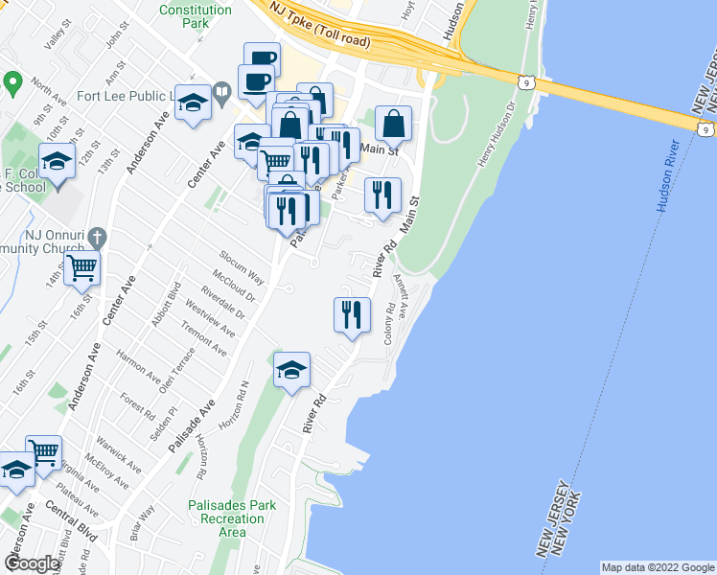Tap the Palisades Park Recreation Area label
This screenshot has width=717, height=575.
pyautogui.click(x=233, y=518)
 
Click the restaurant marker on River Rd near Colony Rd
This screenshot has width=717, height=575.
pyautogui.click(x=352, y=315)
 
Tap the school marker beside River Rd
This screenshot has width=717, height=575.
pyautogui.click(x=292, y=371)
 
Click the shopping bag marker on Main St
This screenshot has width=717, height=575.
pyautogui.click(x=393, y=124)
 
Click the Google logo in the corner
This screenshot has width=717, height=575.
pyautogui.click(x=32, y=563)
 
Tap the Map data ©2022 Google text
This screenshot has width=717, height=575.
pyautogui.click(x=657, y=567)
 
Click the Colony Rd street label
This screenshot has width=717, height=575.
pyautogui.click(x=388, y=325)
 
